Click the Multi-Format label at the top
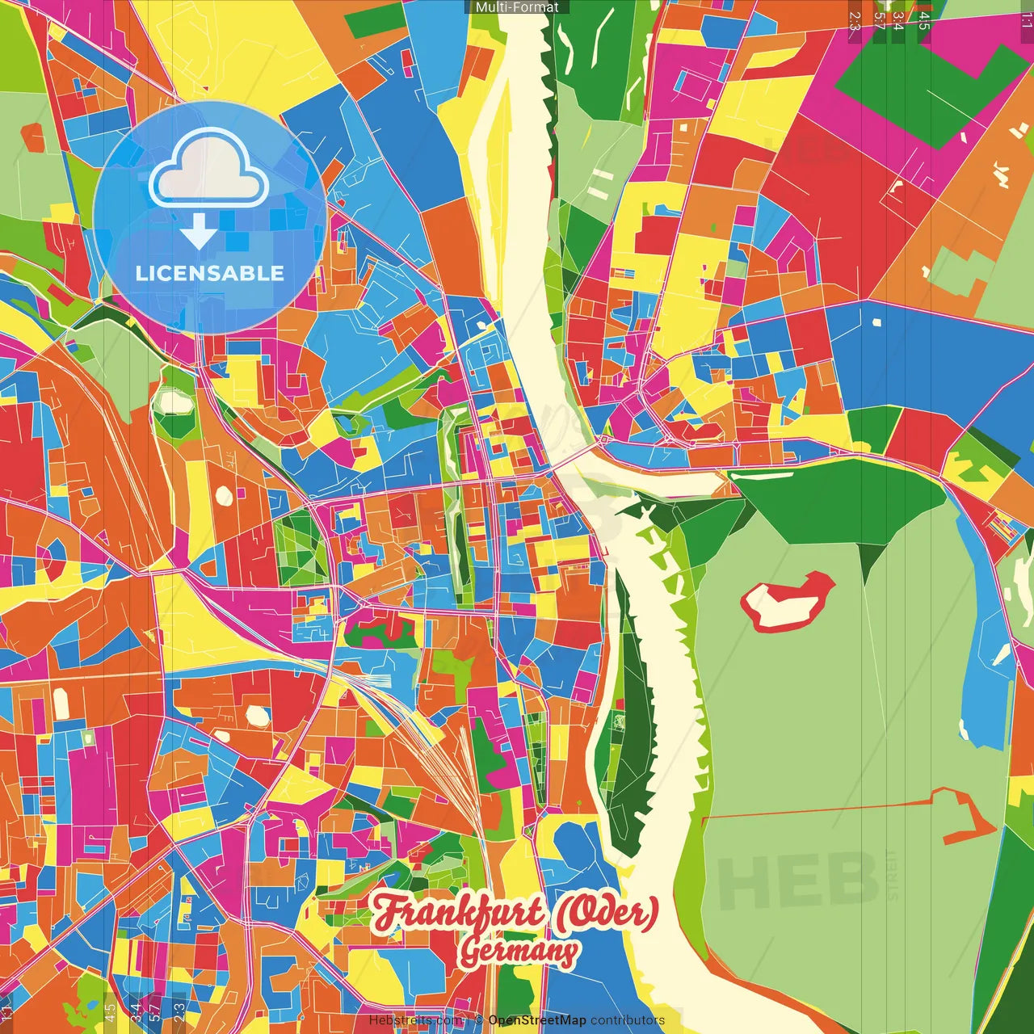[517, 7]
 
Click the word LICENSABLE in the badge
[210, 273]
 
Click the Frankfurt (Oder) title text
[515, 913]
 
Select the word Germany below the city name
[519, 952]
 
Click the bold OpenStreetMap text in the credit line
[537, 1020]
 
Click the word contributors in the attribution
[628, 1020]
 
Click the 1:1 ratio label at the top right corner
[1026, 20]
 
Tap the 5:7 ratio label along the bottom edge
[154, 1011]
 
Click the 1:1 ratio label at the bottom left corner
[6, 1012]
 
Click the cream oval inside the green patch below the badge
[174, 401]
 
